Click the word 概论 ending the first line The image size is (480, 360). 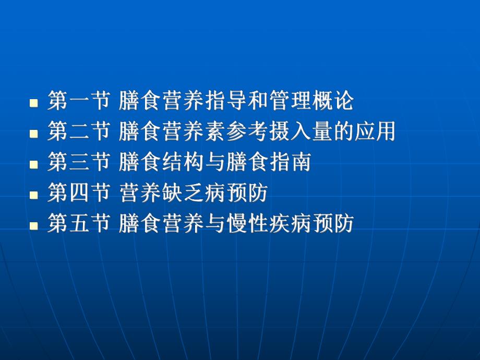point(332,101)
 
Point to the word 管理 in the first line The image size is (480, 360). point(290,101)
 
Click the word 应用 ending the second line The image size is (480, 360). point(375,131)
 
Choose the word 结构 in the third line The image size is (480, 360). point(184,162)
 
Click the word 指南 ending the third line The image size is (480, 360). point(290,162)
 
